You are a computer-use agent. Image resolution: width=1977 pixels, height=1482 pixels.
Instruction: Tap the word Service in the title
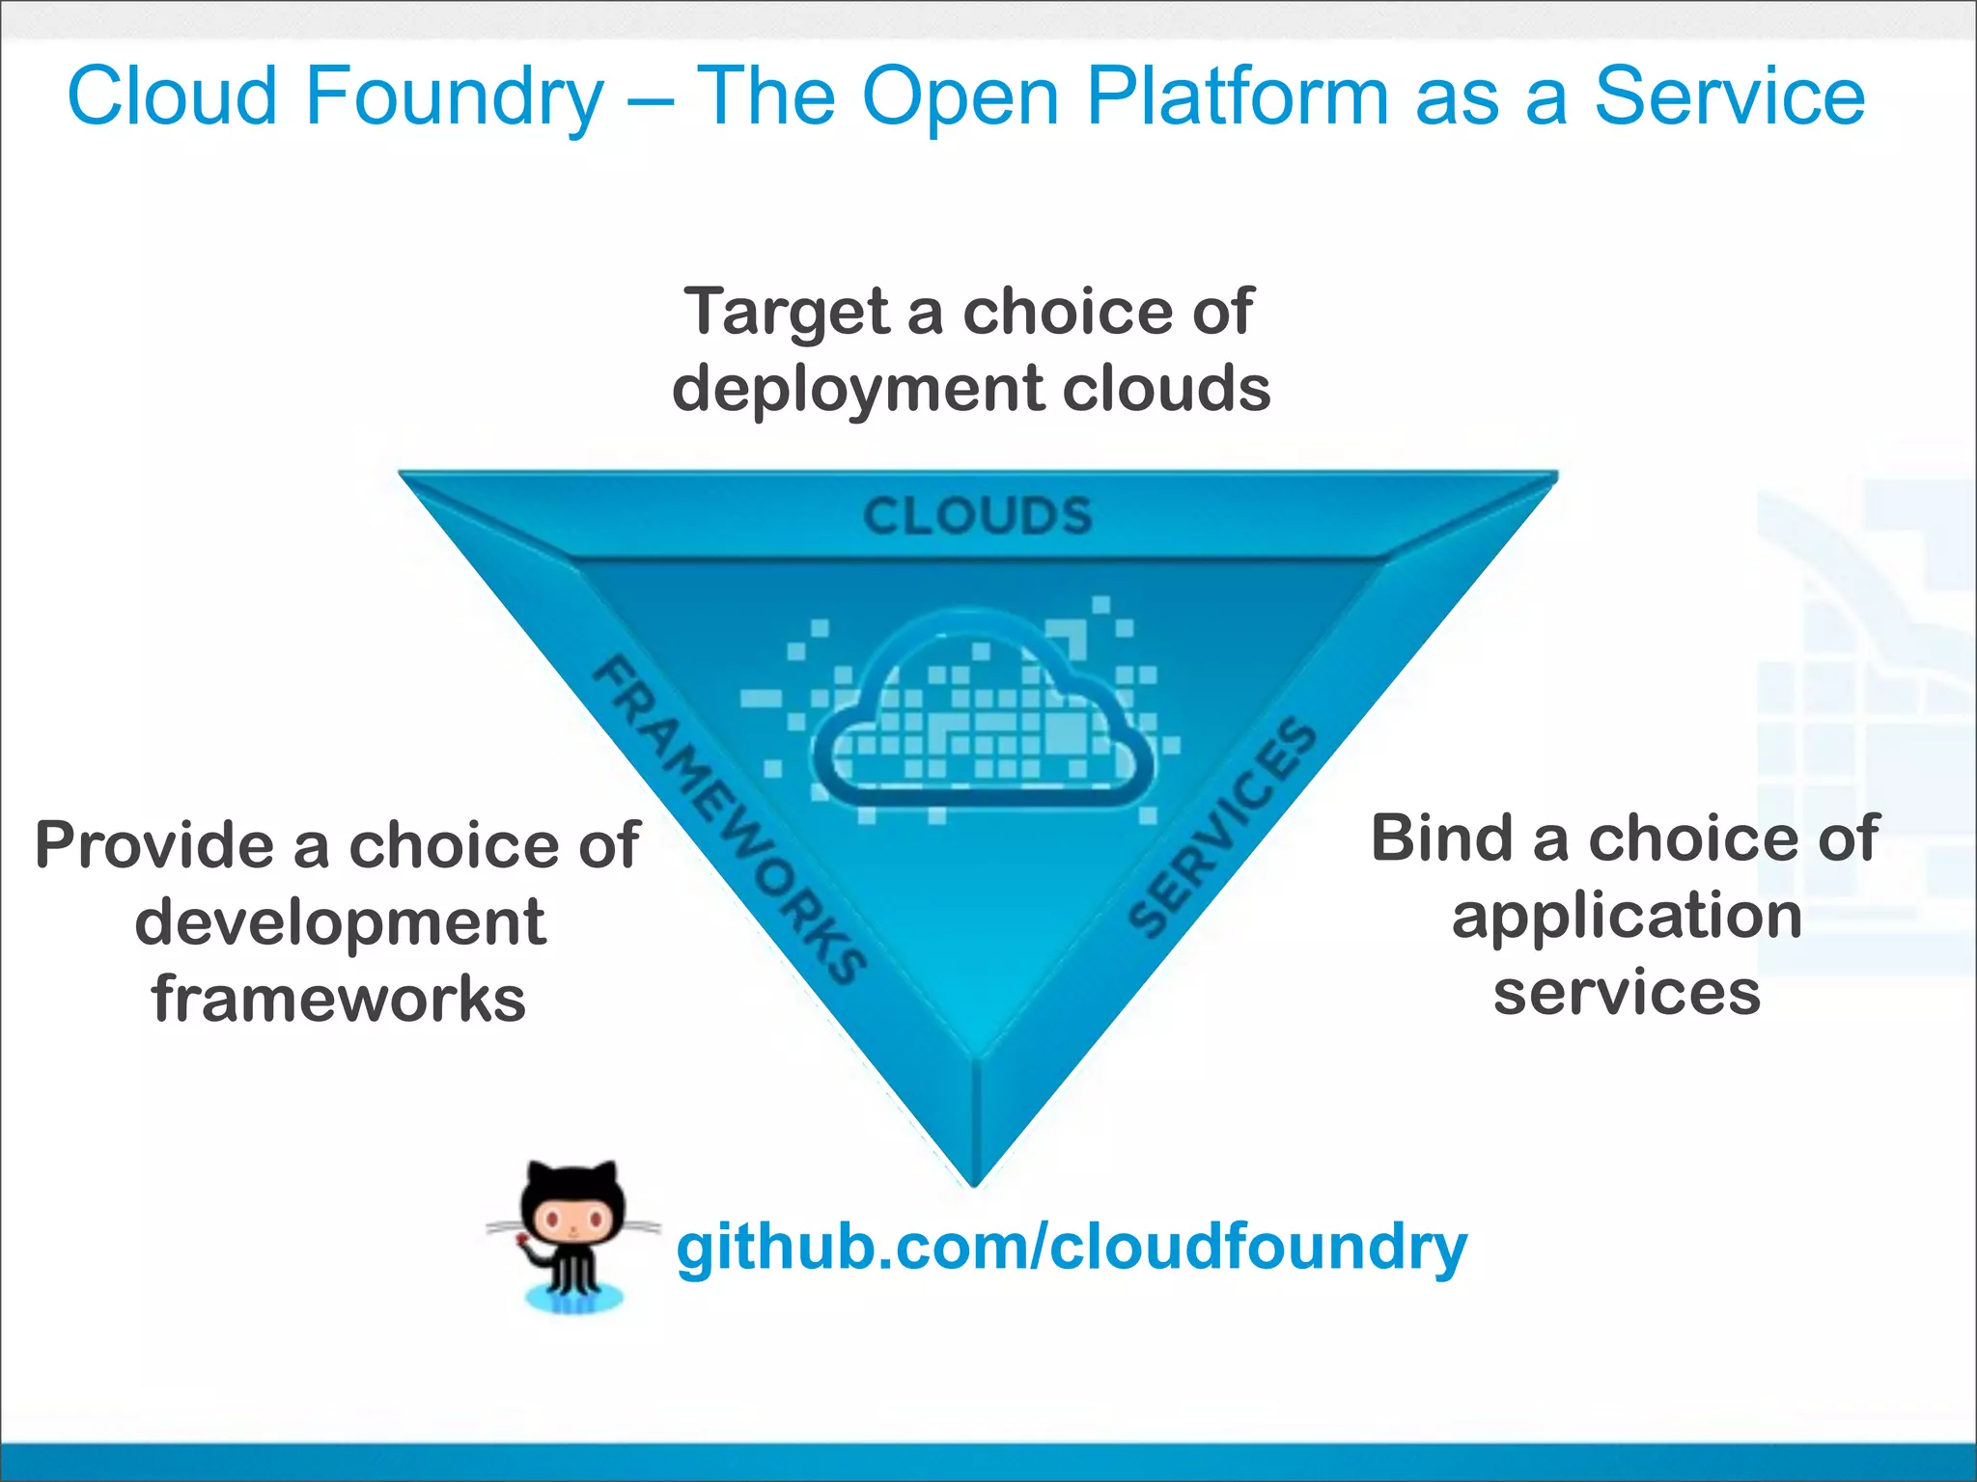click(x=1728, y=96)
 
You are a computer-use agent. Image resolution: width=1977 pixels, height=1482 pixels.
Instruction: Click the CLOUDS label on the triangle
click(x=977, y=516)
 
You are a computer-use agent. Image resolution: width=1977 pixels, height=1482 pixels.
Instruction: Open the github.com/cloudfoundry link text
click(x=1072, y=1247)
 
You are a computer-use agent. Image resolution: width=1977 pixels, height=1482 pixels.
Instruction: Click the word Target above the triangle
click(x=787, y=314)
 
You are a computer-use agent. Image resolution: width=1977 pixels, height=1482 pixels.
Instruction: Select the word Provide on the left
click(x=154, y=845)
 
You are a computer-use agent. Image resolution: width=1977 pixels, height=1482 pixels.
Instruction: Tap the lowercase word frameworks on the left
click(x=339, y=999)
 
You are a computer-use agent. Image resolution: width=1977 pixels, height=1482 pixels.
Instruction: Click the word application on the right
click(x=1627, y=917)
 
